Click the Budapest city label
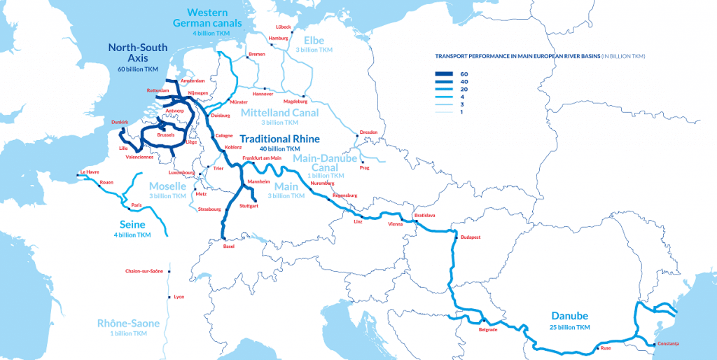[471, 237]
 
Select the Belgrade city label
[488, 330]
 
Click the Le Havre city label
[90, 172]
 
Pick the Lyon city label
[179, 297]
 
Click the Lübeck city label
[284, 27]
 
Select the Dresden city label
[368, 132]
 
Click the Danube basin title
[569, 316]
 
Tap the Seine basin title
[133, 224]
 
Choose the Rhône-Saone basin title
[128, 323]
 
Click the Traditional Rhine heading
[279, 139]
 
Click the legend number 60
[465, 74]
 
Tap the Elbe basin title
[314, 41]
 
